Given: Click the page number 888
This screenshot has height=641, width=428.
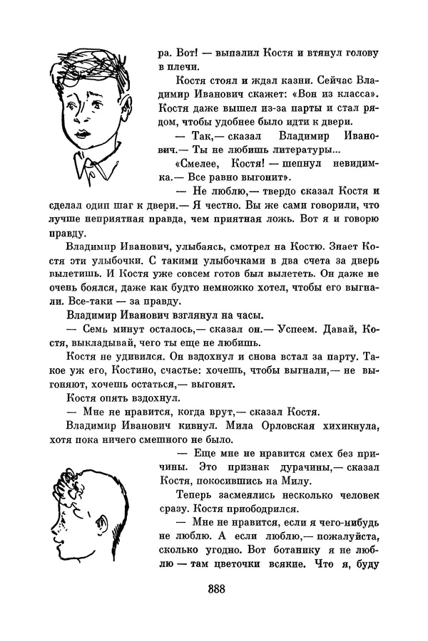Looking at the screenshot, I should pos(214,589).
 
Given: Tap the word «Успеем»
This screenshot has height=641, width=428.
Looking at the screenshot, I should pos(308,331).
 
